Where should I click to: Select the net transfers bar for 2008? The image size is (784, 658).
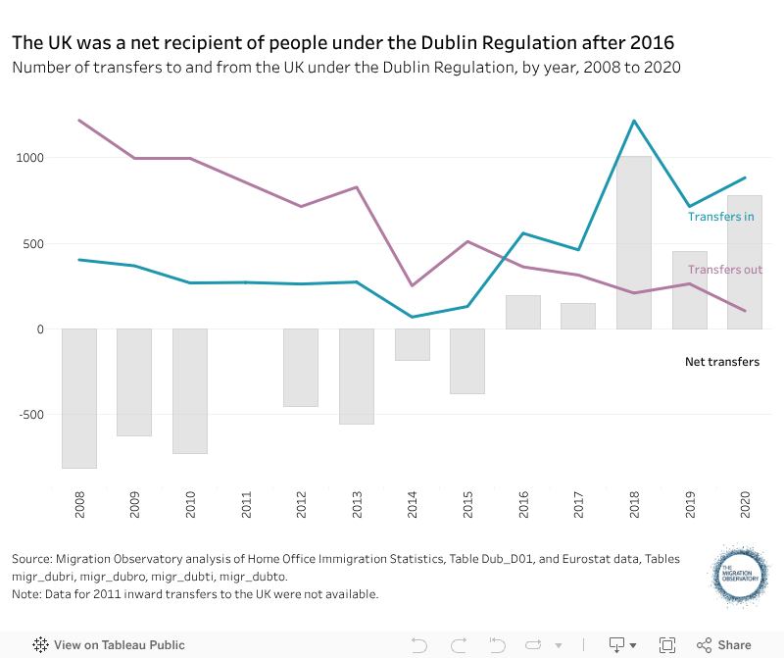tap(79, 398)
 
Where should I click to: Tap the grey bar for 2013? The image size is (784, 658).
tap(357, 376)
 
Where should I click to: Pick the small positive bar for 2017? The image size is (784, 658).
tap(578, 316)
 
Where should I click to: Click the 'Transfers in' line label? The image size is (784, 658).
tap(720, 217)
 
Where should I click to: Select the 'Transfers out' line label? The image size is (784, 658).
tap(724, 270)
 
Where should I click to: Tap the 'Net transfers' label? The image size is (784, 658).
tap(721, 362)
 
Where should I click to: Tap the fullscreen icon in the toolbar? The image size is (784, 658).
tap(667, 644)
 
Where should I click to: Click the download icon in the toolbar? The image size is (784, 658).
tap(617, 644)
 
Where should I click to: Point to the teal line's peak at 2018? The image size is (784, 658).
tap(634, 121)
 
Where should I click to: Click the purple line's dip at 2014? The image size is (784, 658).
tap(413, 285)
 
